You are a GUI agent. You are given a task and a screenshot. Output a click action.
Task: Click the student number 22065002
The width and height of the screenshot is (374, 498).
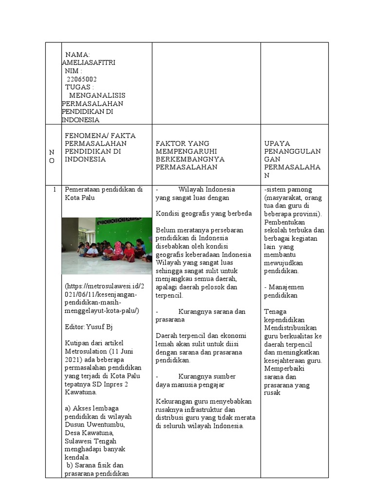pos(82,79)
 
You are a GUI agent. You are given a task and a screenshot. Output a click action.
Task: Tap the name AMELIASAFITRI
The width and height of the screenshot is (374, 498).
pos(89,63)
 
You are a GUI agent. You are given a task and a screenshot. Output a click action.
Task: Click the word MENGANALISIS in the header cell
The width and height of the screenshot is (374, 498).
pos(97,95)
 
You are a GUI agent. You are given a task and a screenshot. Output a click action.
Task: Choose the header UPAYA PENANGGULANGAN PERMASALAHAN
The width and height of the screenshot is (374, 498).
pos(292,159)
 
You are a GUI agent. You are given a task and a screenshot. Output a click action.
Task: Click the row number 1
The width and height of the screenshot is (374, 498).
pos(55,190)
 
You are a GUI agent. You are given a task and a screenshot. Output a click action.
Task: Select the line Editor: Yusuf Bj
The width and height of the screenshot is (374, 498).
pos(89,327)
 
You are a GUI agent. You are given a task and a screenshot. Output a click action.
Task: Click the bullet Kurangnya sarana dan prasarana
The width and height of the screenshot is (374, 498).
pos(201,315)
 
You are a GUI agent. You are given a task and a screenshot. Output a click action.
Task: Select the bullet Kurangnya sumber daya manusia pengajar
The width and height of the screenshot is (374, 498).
pos(196,380)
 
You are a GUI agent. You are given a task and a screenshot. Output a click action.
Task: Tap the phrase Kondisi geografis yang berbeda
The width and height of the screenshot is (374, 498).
pos(204,213)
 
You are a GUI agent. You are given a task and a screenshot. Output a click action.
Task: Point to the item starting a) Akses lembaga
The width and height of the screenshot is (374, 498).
pos(92,408)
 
